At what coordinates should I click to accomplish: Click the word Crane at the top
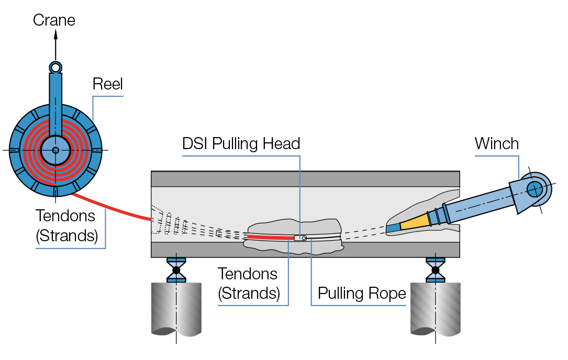54,20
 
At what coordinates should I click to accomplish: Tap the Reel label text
107,84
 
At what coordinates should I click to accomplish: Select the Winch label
496,143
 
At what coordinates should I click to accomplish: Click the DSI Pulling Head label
241,144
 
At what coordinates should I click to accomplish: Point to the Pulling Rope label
362,294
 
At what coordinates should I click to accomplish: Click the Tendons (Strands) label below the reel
67,226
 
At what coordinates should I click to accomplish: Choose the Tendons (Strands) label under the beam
249,283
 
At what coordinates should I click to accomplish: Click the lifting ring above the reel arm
55,67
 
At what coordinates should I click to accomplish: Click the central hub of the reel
55,150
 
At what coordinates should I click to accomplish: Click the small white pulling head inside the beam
300,238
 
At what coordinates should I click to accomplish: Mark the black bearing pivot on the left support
176,270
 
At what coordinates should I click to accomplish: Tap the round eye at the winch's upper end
534,188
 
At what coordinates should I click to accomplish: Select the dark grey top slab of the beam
305,179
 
